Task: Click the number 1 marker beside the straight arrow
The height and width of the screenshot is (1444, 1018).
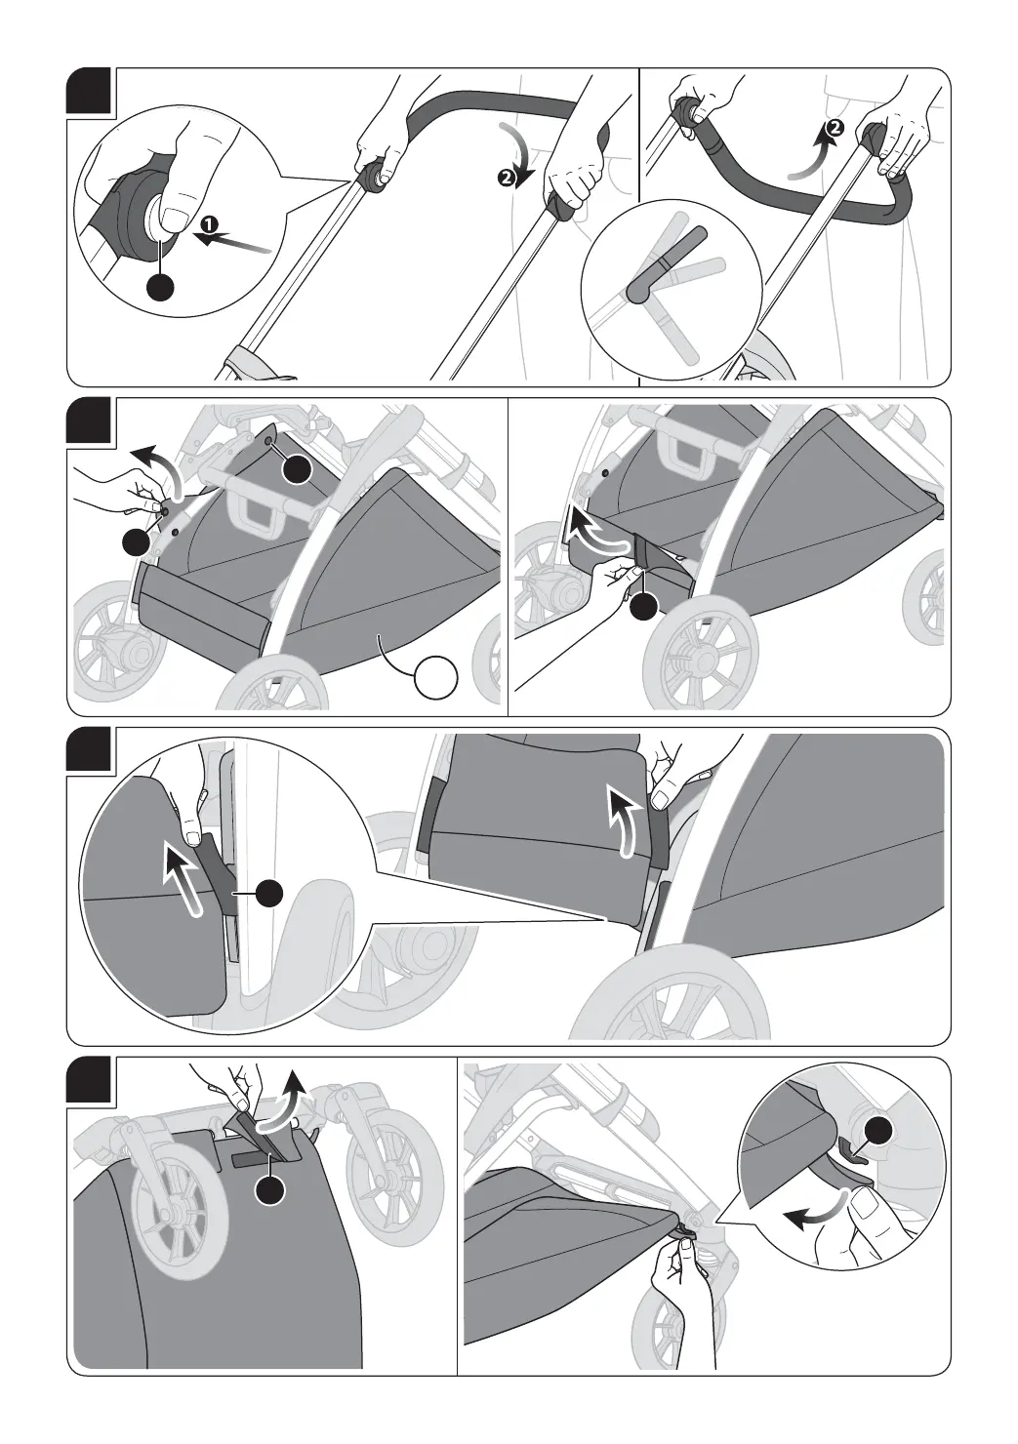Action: tap(207, 222)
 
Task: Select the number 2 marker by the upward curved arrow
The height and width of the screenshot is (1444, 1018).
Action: tap(834, 128)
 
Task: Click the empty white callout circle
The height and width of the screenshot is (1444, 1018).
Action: tap(437, 677)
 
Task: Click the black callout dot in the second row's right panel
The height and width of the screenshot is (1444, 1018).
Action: tap(642, 606)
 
